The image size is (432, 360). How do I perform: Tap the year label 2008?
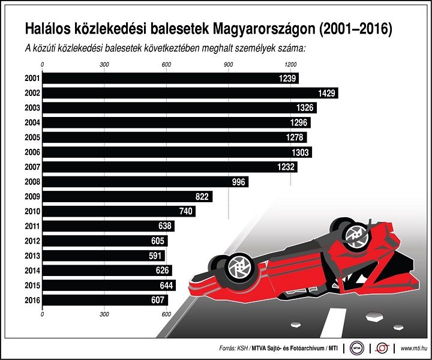(x=32, y=182)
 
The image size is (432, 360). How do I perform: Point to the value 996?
(x=238, y=182)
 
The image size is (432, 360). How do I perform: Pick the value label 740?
(x=187, y=211)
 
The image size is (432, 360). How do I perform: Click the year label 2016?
(x=32, y=300)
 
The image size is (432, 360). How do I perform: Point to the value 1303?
(x=301, y=152)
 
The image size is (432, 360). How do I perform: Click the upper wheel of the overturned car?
(x=355, y=236)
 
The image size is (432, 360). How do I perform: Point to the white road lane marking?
(x=331, y=322)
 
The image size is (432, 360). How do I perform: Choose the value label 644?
(x=165, y=285)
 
